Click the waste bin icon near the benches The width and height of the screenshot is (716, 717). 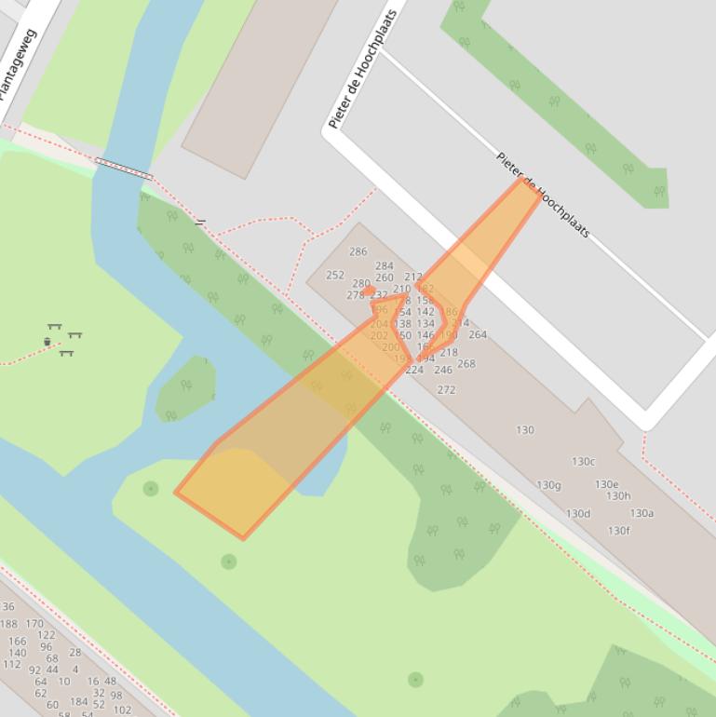pos(47,342)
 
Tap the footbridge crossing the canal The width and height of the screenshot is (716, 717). pos(123,169)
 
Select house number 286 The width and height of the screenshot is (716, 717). pos(358,251)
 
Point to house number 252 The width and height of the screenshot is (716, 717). pos(335,276)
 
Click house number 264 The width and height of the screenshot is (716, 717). pos(478,334)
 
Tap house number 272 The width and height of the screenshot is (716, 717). pos(446,389)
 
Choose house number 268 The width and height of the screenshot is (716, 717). pos(466,363)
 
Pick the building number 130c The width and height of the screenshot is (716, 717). pos(583,461)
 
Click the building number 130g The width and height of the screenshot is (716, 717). pos(549,485)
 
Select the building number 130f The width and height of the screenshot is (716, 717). pos(619,531)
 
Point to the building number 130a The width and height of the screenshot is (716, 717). pos(642,513)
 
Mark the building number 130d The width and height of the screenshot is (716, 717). pos(578,513)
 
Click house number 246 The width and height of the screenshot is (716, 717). pos(443,370)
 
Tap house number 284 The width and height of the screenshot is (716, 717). pos(385,266)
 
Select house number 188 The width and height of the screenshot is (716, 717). pos(8,624)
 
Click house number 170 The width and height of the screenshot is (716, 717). pos(34,624)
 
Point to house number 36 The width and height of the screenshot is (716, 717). pos(8,606)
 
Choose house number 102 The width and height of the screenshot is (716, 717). pos(122,710)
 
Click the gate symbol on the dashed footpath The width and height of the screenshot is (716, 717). pos(200,223)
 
